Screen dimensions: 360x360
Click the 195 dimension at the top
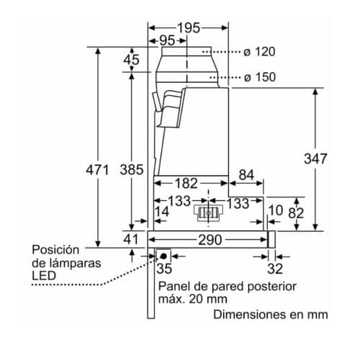click(x=189, y=28)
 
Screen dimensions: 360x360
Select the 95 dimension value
click(x=167, y=40)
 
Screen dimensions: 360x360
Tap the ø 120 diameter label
click(x=259, y=52)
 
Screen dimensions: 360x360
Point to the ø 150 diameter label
click(x=260, y=77)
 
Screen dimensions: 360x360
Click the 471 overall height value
click(x=97, y=170)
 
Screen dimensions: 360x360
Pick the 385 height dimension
click(x=132, y=169)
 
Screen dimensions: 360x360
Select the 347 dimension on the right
click(x=315, y=158)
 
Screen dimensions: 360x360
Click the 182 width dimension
click(x=186, y=184)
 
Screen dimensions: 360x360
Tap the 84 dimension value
click(x=246, y=175)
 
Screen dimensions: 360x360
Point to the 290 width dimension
click(x=210, y=240)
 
